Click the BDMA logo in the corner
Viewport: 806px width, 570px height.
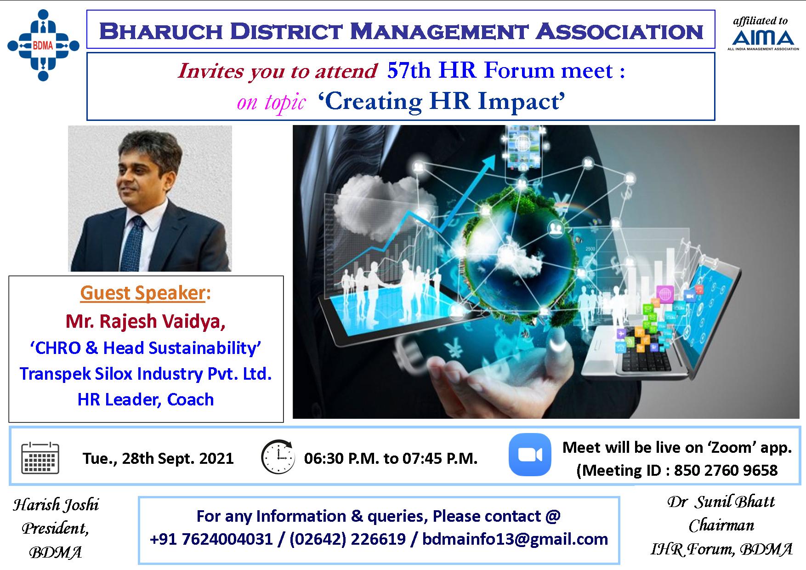[x=43, y=45]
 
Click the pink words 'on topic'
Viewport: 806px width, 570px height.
[x=271, y=102]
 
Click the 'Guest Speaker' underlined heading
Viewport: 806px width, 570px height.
[x=142, y=293]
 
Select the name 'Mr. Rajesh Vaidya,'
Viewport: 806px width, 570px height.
[x=146, y=321]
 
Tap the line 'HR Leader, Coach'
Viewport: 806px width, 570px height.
[x=146, y=399]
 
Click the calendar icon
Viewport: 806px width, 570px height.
[x=40, y=457]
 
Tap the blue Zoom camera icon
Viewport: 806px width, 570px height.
[x=530, y=455]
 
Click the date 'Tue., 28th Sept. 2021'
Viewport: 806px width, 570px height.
[x=158, y=458]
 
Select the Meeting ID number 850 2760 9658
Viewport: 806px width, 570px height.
[x=726, y=470]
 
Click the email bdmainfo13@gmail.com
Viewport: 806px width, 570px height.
[x=515, y=539]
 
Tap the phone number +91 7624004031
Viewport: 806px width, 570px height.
[x=211, y=539]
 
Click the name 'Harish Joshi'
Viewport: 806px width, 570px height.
[x=56, y=505]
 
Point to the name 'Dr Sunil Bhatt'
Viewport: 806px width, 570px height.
[x=721, y=501]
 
